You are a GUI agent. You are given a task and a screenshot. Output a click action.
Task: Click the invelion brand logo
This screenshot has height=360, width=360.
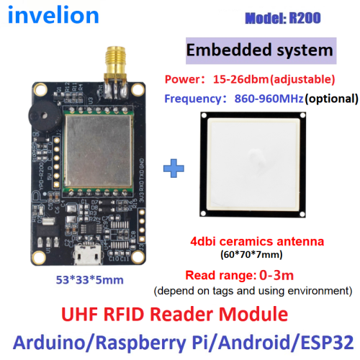pos(53,15)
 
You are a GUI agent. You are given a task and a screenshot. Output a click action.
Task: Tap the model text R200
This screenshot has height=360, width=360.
pos(305,18)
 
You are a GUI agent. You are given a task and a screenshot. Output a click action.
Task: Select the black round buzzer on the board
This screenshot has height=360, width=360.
pos(45,117)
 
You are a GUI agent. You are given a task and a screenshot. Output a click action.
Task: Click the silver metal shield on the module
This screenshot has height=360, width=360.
pos(99,150)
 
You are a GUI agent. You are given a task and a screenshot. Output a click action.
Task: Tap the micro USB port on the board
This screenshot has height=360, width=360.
pos(88,255)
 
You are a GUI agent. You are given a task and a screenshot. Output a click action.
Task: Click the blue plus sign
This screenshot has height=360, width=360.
pos(174,168)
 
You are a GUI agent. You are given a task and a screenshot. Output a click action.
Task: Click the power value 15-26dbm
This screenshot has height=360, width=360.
pos(240,79)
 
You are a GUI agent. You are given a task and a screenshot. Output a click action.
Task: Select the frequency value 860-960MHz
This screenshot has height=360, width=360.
pos(269,99)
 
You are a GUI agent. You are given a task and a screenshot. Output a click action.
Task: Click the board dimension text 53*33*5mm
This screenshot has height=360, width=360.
pos(90,280)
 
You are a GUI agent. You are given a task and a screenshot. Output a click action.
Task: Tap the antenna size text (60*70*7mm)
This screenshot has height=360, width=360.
pos(251,254)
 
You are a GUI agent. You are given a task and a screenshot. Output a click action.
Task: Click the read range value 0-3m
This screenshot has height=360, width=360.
pos(276,275)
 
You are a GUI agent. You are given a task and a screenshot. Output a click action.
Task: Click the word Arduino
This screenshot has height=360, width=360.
pos(49,342)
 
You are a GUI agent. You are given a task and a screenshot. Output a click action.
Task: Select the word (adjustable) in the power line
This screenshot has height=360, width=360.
pos(302,80)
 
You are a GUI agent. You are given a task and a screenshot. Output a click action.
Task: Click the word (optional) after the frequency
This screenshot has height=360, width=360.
pos(331,99)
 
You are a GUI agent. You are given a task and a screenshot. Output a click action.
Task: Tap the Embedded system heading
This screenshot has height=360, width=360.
pos(260,50)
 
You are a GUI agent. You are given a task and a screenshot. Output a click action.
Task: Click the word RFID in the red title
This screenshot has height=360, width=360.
pos(124,314)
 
